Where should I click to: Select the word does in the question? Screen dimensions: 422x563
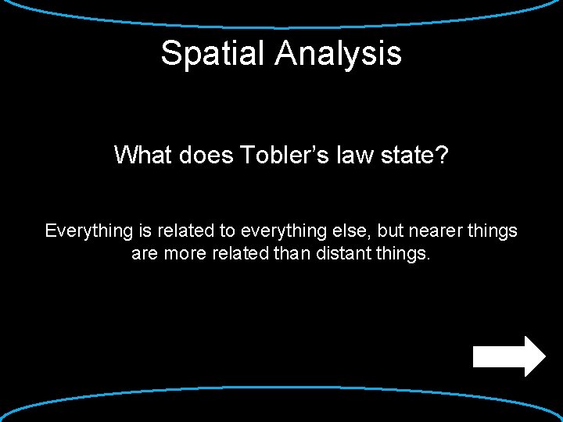coord(205,155)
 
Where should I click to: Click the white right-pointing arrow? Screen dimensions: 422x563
coord(509,356)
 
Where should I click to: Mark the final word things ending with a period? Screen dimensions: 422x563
coord(406,255)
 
